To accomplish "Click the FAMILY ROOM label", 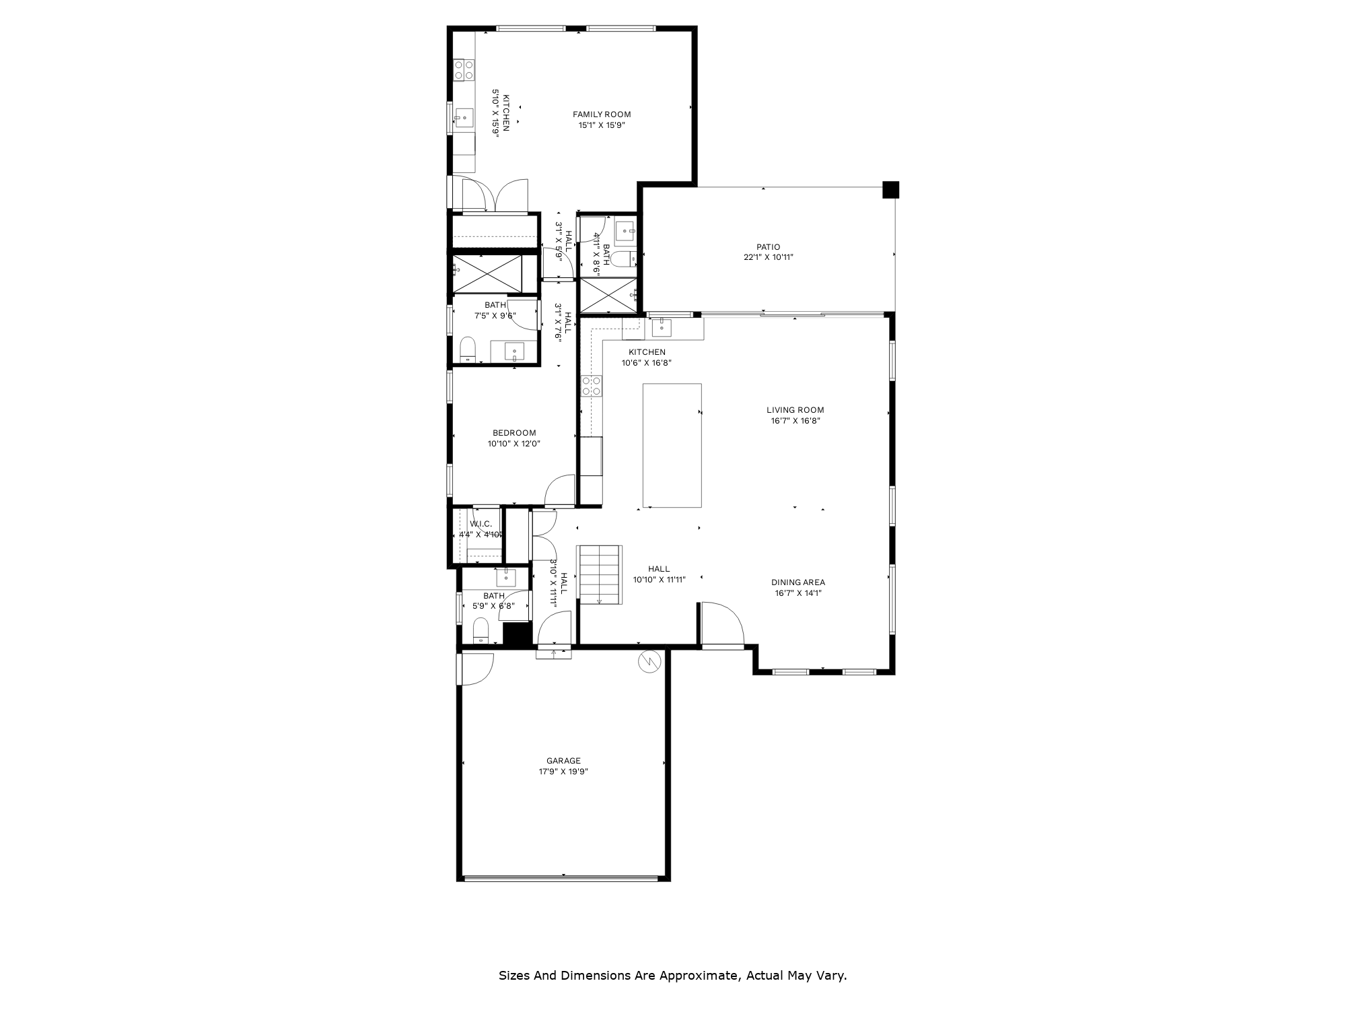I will point(602,114).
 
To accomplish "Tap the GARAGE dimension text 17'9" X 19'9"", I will point(563,772).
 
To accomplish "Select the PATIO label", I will point(768,247).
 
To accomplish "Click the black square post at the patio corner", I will point(890,190).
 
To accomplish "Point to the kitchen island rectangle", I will point(672,445).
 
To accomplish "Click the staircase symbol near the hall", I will point(600,574).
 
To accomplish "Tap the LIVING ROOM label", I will point(795,410).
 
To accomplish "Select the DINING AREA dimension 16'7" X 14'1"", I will point(798,593).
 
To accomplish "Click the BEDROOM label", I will point(514,433).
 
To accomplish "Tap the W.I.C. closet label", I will point(481,524).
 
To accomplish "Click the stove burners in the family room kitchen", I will point(464,70).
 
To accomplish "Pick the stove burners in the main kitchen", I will point(592,386).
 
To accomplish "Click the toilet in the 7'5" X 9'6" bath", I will point(468,349).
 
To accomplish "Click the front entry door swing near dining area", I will point(721,625).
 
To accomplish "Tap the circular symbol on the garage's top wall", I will point(649,662).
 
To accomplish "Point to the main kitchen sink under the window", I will point(662,328).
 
